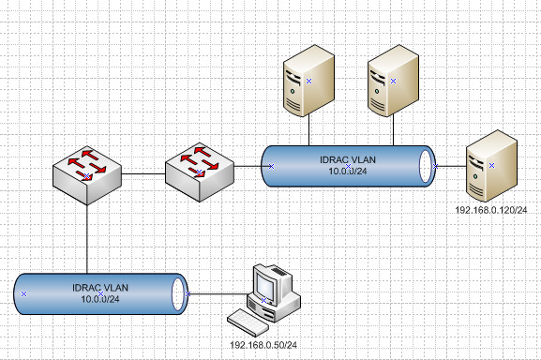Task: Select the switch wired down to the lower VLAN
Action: coord(86,172)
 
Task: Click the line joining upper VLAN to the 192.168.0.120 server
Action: coord(450,167)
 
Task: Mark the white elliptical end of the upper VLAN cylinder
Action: coord(427,167)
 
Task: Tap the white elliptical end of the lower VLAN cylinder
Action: coord(179,293)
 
